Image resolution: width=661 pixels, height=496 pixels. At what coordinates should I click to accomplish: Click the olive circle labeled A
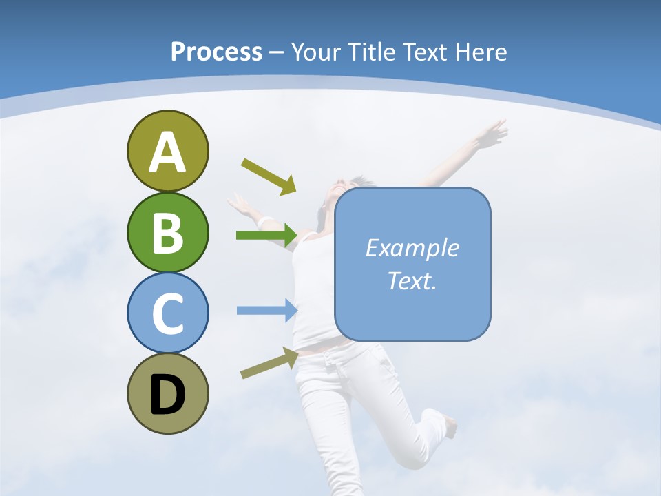pyautogui.click(x=167, y=151)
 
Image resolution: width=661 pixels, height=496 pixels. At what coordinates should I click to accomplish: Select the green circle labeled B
pyautogui.click(x=167, y=232)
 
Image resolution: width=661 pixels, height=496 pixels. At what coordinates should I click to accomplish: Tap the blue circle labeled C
pyautogui.click(x=167, y=313)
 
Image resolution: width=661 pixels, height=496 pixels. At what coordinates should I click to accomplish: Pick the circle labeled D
pyautogui.click(x=167, y=393)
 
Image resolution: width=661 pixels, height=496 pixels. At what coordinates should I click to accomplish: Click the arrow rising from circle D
pyautogui.click(x=269, y=363)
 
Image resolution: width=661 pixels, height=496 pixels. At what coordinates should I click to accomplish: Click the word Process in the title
pyautogui.click(x=216, y=52)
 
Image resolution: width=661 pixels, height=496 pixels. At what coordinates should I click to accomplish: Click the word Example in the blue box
pyautogui.click(x=412, y=248)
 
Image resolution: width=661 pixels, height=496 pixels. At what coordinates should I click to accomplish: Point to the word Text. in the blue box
pyautogui.click(x=412, y=280)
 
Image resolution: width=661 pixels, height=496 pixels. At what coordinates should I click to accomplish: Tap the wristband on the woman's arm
pyautogui.click(x=265, y=222)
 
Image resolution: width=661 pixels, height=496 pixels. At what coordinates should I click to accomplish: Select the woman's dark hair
pyautogui.click(x=360, y=182)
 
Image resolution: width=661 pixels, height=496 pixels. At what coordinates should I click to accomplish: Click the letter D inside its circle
pyautogui.click(x=167, y=395)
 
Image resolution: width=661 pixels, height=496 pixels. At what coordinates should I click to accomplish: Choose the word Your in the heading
pyautogui.click(x=316, y=52)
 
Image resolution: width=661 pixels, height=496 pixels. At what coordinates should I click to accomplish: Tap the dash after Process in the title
pyautogui.click(x=276, y=52)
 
